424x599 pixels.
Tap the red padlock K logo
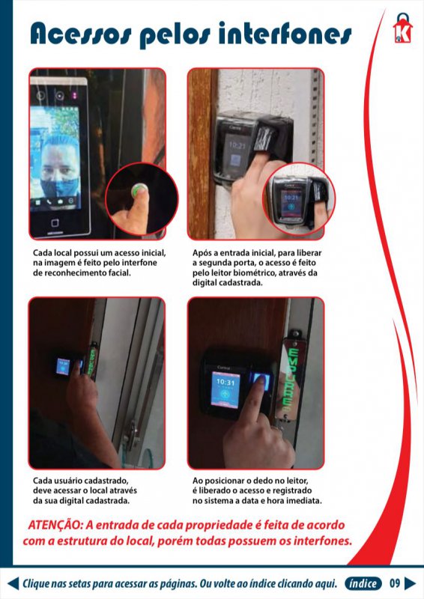tap(402, 28)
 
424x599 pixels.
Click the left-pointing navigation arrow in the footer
tap(13, 583)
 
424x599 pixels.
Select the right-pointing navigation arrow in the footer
tap(410, 583)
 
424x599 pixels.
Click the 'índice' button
tap(363, 583)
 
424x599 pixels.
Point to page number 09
tap(395, 583)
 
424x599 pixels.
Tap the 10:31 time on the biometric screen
tap(225, 382)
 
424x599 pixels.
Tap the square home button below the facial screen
tap(55, 222)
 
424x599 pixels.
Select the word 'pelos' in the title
tap(176, 35)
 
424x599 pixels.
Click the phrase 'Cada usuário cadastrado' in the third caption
tap(81, 480)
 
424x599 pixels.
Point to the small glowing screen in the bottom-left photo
tap(63, 366)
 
